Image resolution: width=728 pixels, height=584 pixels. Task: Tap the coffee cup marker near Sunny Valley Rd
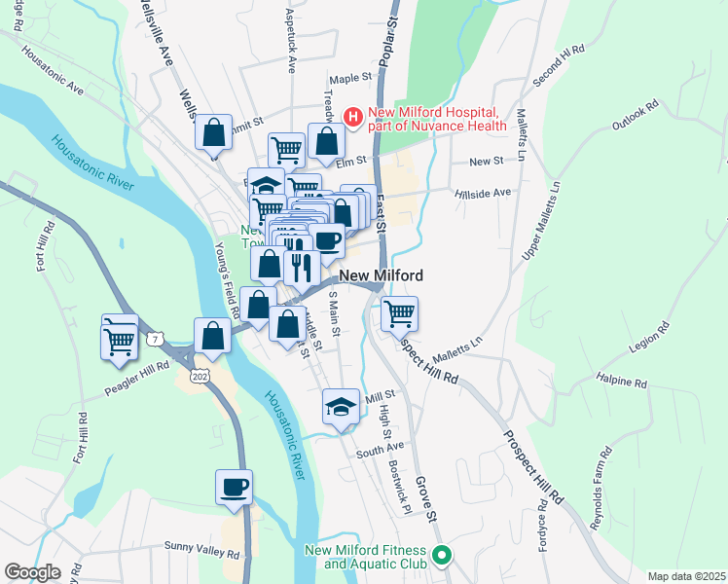(235, 487)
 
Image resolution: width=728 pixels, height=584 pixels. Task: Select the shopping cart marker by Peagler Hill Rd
(120, 341)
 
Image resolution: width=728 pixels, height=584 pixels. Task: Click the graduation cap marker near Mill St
(341, 407)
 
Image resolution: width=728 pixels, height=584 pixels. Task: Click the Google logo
(33, 572)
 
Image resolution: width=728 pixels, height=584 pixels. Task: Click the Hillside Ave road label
(483, 194)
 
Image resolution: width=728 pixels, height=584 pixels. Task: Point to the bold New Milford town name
(381, 275)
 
